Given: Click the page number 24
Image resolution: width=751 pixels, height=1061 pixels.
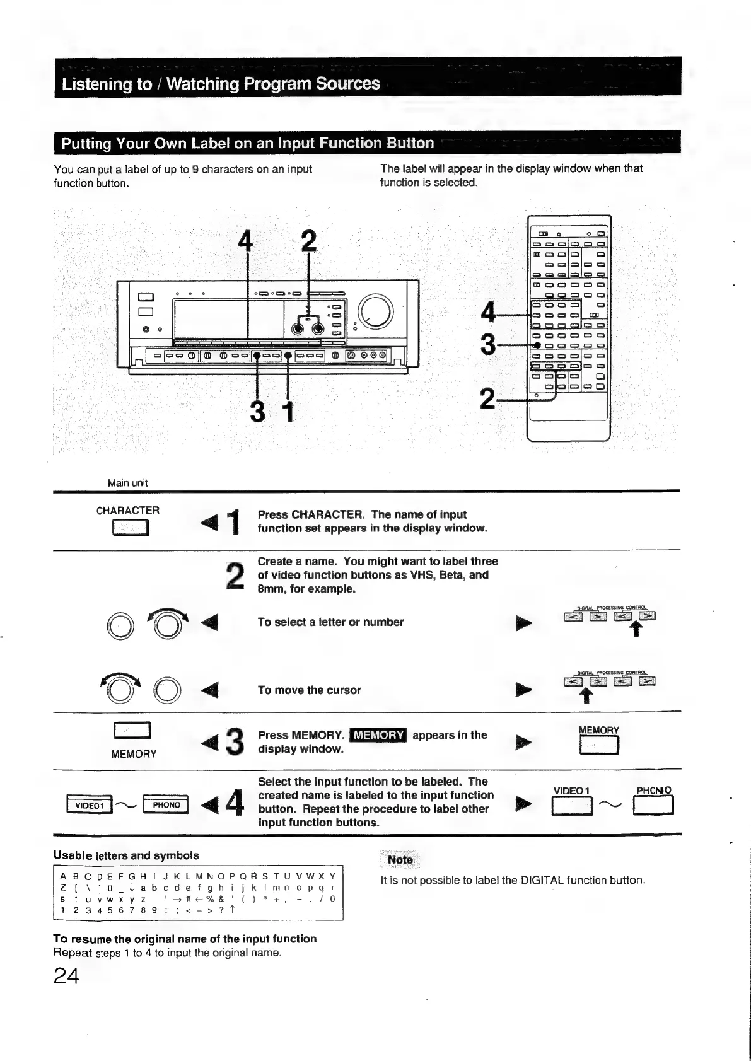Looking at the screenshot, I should tap(66, 976).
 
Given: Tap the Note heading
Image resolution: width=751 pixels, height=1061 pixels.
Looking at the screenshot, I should tap(400, 860).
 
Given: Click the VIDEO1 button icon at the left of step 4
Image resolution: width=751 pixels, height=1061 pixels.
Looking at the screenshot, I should tap(89, 805).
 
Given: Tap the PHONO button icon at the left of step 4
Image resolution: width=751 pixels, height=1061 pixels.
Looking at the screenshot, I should tap(166, 805).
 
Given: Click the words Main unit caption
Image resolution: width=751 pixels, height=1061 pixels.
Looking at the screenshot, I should tap(127, 483).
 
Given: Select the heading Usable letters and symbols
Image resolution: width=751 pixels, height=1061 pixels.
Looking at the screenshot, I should tap(126, 855).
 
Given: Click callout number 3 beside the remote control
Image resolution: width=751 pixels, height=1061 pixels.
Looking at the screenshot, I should tap(487, 345).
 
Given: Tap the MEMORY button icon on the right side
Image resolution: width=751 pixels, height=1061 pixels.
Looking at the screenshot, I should tap(598, 746).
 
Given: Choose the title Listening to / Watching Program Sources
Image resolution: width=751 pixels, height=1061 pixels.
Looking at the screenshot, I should tap(221, 84).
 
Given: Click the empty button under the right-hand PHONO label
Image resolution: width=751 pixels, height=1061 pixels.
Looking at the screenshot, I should tap(654, 806).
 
